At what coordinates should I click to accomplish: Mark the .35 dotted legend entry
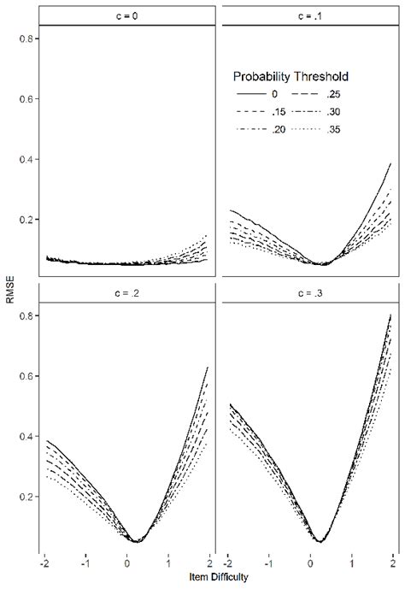coord(320,128)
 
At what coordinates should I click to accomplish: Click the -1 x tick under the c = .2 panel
coord(85,565)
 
